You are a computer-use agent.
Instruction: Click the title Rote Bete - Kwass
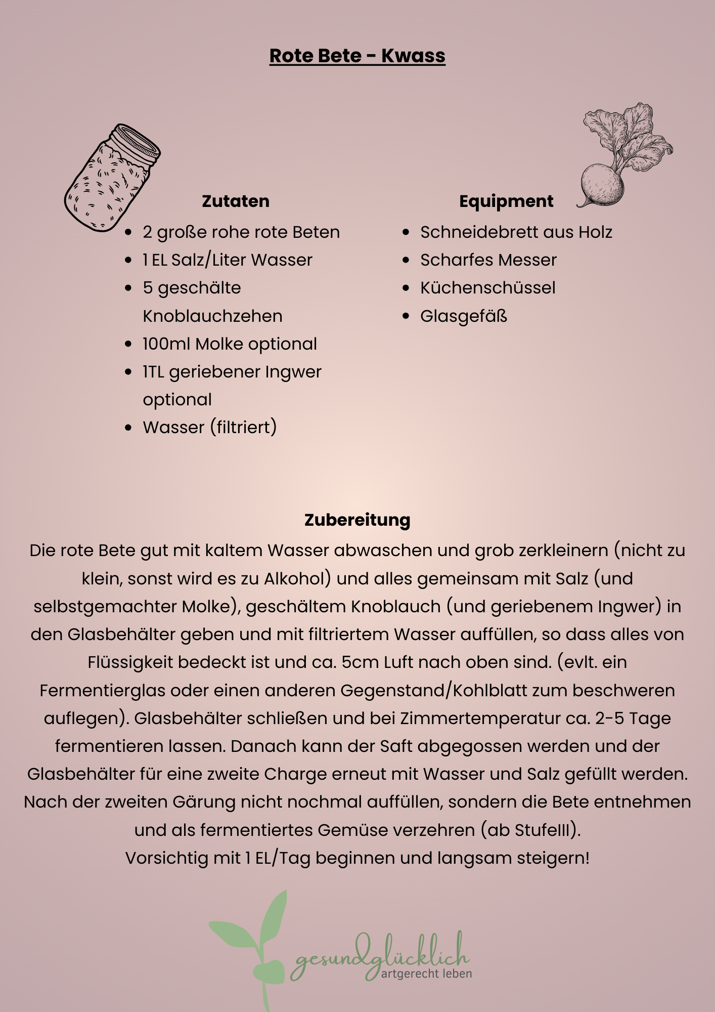[x=357, y=56]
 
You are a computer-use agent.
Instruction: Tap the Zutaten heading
[x=236, y=201]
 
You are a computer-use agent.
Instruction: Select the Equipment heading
[x=506, y=201]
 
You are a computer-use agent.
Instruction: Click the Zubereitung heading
[x=357, y=520]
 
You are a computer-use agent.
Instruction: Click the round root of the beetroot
[x=602, y=185]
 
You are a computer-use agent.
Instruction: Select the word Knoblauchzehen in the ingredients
[x=212, y=316]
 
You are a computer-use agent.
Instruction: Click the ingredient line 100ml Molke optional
[x=230, y=344]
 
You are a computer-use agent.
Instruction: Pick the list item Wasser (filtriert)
[x=209, y=427]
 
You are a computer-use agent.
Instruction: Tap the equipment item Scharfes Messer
[x=488, y=260]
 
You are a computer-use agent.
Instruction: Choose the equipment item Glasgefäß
[x=463, y=316]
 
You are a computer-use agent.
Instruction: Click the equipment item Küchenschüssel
[x=487, y=287]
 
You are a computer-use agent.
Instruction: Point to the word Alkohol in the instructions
[x=297, y=578]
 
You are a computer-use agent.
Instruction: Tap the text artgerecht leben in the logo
[x=426, y=973]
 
